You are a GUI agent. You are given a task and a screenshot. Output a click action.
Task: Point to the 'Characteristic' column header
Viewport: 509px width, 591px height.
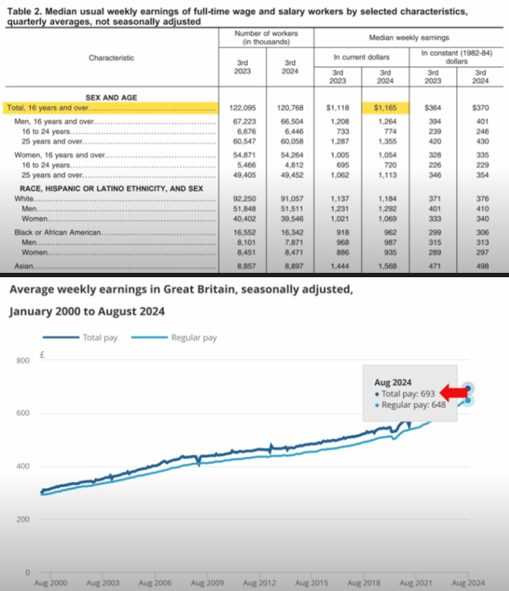pos(111,57)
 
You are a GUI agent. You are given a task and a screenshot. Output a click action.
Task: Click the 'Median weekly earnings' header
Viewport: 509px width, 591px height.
pos(410,37)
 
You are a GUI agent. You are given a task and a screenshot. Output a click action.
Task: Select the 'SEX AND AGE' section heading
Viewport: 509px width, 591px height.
pos(110,97)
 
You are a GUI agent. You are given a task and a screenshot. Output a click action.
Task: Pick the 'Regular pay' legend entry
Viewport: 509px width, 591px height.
pos(194,338)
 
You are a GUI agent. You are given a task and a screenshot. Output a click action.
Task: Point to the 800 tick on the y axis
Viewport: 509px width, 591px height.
pos(23,361)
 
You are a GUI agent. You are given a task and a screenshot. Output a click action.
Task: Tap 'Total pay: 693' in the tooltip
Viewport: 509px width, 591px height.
pos(407,394)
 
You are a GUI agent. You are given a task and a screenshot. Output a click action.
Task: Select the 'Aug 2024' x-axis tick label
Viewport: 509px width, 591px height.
pos(467,583)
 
